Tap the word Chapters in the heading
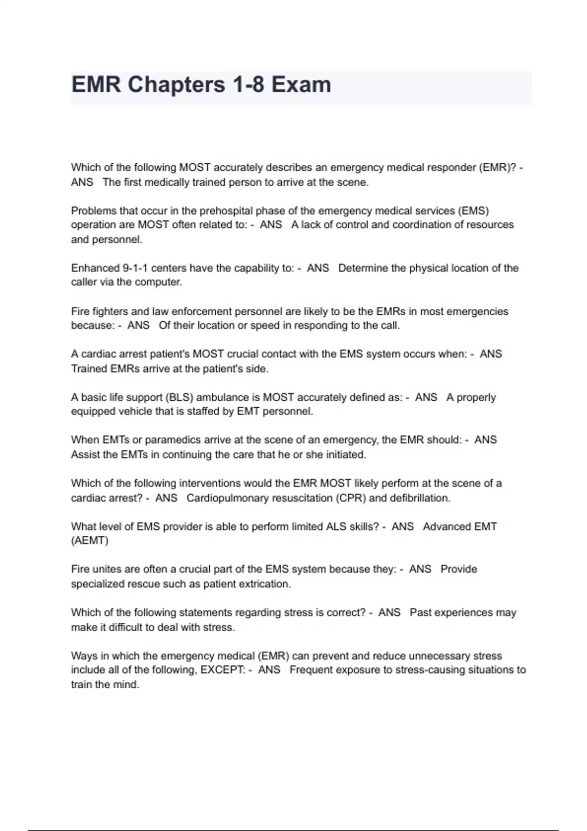tap(177, 85)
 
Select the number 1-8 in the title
tap(248, 85)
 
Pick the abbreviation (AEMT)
tap(90, 541)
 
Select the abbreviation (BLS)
tap(179, 397)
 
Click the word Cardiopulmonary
tap(227, 498)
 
